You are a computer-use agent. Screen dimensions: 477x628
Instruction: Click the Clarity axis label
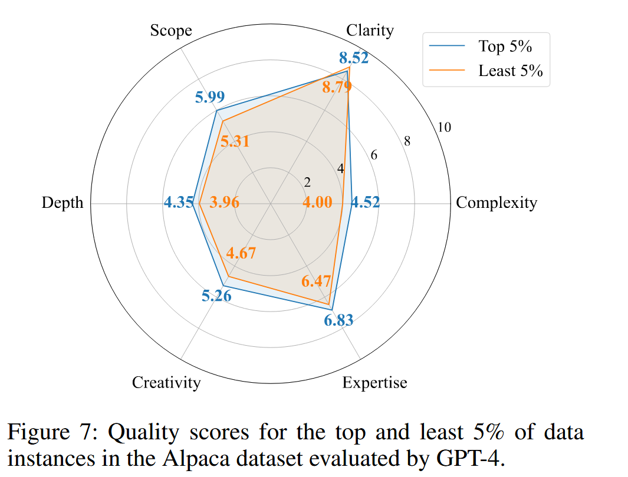[x=370, y=30]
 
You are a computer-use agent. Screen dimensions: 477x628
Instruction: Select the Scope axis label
[x=171, y=30]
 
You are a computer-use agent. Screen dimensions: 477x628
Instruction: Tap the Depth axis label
[x=63, y=203]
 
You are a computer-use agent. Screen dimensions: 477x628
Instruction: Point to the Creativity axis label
[x=166, y=383]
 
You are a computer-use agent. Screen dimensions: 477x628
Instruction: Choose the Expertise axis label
[x=374, y=383]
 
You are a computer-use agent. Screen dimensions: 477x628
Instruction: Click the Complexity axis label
[x=497, y=203]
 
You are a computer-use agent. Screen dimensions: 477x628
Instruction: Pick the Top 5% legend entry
[x=505, y=46]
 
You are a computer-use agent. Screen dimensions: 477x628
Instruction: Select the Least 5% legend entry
[x=510, y=71]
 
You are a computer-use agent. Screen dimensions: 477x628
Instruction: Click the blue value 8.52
[x=354, y=58]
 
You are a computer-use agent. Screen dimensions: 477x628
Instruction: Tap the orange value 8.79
[x=336, y=88]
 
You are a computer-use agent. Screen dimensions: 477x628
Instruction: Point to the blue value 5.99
[x=210, y=98]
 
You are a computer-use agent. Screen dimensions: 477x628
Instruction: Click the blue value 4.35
[x=179, y=203]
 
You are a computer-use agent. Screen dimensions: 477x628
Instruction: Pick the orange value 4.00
[x=317, y=203]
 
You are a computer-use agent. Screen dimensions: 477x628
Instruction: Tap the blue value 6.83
[x=338, y=321]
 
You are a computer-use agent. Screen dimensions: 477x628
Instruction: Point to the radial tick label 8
[x=407, y=141]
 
